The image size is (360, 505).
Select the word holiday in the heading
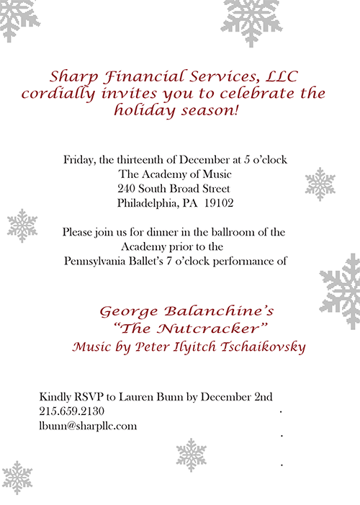144,111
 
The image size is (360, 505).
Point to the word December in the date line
202,159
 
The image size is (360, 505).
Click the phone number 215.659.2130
72,411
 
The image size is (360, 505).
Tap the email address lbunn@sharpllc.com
88,425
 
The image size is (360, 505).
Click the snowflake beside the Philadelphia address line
320,184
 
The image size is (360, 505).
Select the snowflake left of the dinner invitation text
22,225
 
